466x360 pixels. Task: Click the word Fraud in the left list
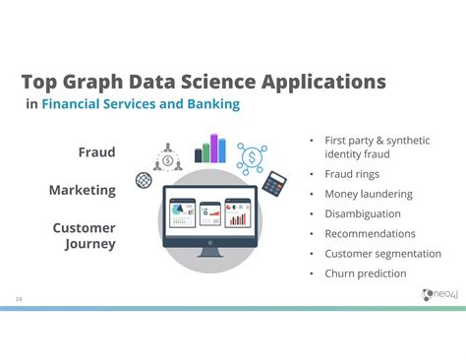96,152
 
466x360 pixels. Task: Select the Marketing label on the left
83,190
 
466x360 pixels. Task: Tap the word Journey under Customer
89,244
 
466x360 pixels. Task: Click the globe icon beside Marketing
144,180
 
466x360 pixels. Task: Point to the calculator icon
275,183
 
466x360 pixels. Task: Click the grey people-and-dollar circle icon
166,156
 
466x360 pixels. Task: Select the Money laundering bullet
368,194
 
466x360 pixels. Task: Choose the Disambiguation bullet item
363,213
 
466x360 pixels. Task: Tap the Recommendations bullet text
370,234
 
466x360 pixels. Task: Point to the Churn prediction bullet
364,273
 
